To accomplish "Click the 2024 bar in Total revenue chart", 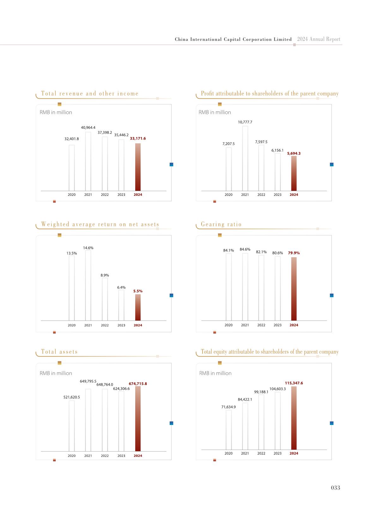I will coord(138,167).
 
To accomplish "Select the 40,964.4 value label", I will coord(88,128).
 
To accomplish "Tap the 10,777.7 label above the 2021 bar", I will coord(245,122).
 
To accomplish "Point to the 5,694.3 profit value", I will coord(294,153).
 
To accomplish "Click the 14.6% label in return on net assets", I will coord(88,248).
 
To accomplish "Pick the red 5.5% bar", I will coord(138,307).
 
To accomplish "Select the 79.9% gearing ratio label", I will coord(294,253).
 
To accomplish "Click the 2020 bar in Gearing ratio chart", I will coord(228,287).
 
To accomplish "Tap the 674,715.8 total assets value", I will coord(138,384).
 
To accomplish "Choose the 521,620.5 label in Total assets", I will coord(72,397).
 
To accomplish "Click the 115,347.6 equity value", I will coord(294,383).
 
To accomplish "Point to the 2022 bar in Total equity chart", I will coord(261,422).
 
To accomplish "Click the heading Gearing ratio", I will coord(221,225).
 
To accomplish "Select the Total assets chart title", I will coord(59,352).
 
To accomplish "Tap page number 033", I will coord(336,488).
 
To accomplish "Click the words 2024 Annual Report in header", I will coord(318,39).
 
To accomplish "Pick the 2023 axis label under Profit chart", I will coord(277,195).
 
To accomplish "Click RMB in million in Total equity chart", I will coord(215,373).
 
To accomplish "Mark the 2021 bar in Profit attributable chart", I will coord(245,158).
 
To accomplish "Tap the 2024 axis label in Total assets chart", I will coord(138,456).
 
